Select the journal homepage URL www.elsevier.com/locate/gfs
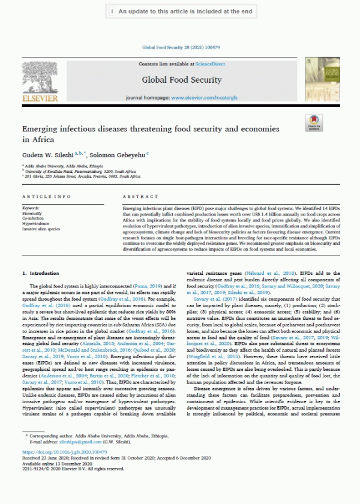pyautogui.click(x=203, y=97)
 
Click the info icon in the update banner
pyautogui.click(x=112, y=11)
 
